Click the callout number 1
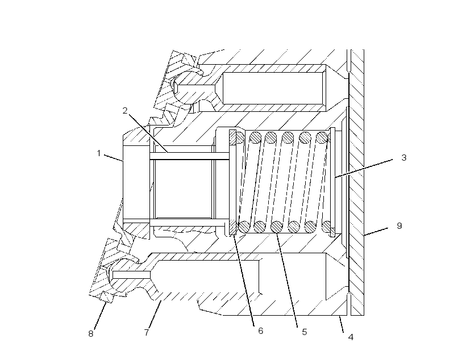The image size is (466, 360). click(x=99, y=153)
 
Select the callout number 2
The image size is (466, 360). click(x=125, y=111)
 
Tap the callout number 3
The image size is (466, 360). click(x=403, y=158)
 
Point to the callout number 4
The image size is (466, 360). click(x=351, y=337)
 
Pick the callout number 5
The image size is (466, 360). click(x=305, y=332)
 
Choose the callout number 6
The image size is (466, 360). click(x=261, y=331)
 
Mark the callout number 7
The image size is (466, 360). click(x=147, y=332)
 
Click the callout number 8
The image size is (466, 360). click(x=91, y=333)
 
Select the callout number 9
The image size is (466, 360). click(x=400, y=226)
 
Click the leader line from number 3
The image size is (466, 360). click(x=364, y=169)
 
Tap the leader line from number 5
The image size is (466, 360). click(x=287, y=280)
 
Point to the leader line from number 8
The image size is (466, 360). click(x=101, y=316)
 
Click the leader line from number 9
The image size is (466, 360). click(x=376, y=232)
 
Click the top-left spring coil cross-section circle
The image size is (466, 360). click(x=240, y=137)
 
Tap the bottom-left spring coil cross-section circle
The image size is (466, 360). click(x=244, y=227)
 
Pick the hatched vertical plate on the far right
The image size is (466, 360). click(x=357, y=182)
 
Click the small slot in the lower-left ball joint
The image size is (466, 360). click(x=132, y=275)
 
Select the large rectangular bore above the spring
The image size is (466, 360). click(x=273, y=88)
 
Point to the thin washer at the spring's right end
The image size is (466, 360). click(x=332, y=182)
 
